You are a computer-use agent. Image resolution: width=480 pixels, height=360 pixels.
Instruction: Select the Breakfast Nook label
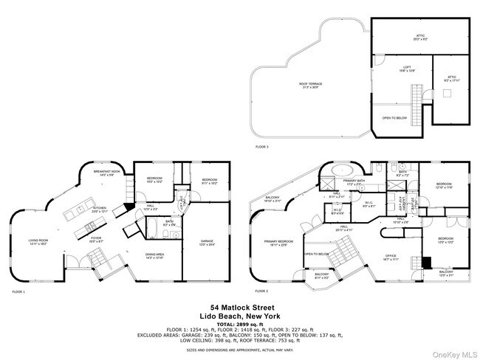(x=106, y=173)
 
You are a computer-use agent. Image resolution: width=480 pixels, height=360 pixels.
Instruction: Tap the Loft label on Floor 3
(x=397, y=69)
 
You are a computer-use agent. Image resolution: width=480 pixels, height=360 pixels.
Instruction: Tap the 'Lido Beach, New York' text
(x=239, y=316)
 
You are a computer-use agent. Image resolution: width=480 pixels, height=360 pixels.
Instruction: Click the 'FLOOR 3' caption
(x=262, y=147)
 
